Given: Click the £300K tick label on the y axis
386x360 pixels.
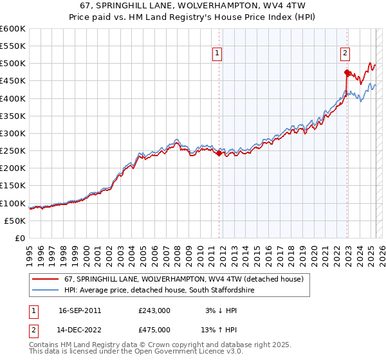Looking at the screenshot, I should (13, 133).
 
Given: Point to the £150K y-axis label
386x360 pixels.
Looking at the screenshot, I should (13, 186).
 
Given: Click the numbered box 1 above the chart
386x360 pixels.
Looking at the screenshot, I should (217, 54).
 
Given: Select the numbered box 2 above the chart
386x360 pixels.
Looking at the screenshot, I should (345, 54).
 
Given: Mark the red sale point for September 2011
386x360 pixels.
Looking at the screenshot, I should (219, 153).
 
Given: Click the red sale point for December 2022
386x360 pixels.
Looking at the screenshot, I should (347, 72).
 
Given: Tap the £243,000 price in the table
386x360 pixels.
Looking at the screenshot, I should (154, 310).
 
